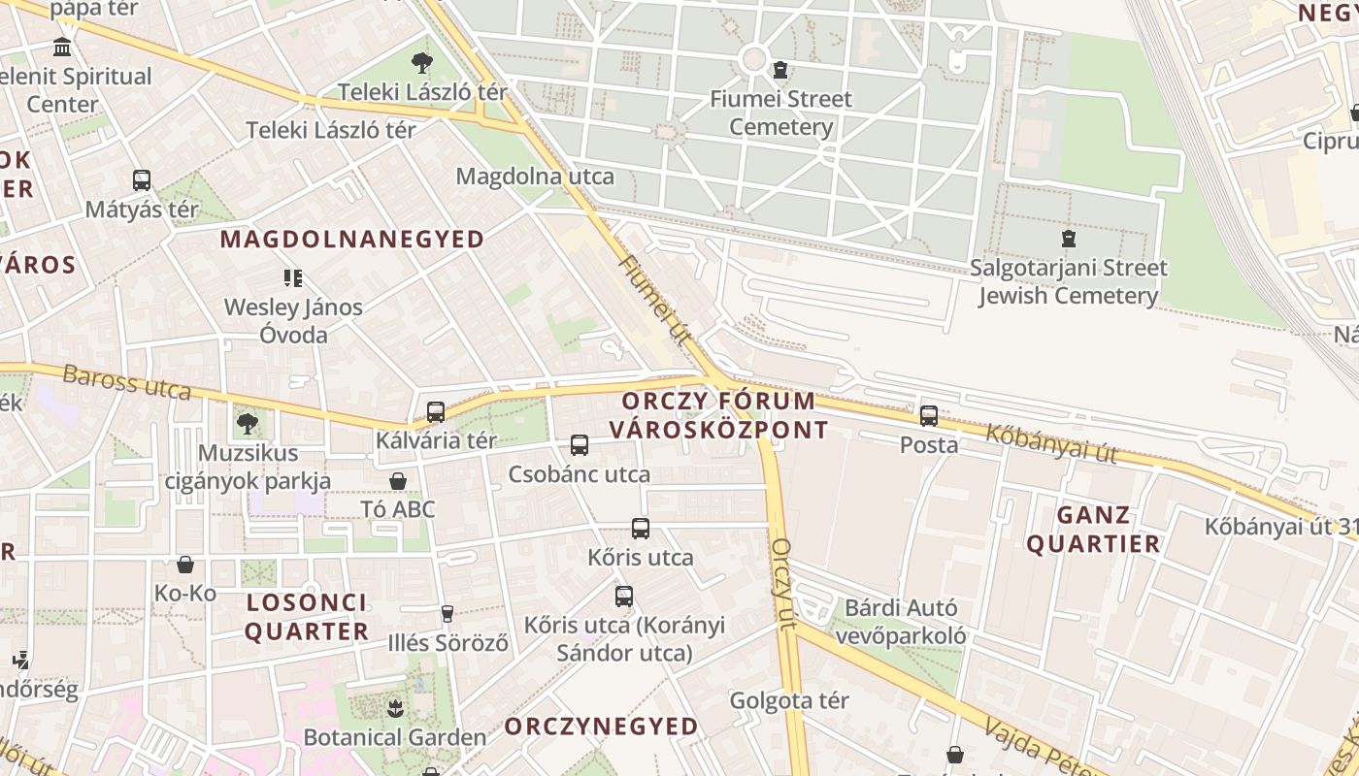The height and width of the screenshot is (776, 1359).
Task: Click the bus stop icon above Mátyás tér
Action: pyautogui.click(x=142, y=180)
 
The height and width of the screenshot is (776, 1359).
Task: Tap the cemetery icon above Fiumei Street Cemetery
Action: pyautogui.click(x=779, y=70)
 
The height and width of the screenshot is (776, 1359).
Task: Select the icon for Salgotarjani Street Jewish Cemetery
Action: pyautogui.click(x=1069, y=238)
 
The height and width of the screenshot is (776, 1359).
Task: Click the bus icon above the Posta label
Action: pyautogui.click(x=929, y=416)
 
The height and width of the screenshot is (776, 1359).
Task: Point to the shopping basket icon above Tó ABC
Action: pyautogui.click(x=397, y=481)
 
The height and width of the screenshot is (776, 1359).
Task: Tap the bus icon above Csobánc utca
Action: pyautogui.click(x=580, y=445)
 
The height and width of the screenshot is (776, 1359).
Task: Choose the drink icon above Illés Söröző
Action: pyautogui.click(x=447, y=613)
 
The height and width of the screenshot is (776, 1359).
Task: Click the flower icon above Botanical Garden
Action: pyautogui.click(x=395, y=708)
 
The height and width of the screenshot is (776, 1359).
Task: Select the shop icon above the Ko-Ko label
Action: pyautogui.click(x=185, y=565)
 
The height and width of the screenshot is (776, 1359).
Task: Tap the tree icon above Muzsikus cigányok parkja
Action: pyautogui.click(x=248, y=423)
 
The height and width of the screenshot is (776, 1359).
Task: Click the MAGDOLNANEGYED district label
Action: pyautogui.click(x=352, y=240)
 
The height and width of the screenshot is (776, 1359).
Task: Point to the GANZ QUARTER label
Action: pyautogui.click(x=1093, y=530)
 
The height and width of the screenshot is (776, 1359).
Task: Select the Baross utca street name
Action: pyautogui.click(x=126, y=382)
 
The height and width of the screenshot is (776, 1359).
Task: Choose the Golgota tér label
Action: pyautogui.click(x=789, y=700)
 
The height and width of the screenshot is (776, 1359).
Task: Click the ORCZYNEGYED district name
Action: pyautogui.click(x=602, y=727)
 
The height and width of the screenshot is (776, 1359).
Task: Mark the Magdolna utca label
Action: pyautogui.click(x=535, y=177)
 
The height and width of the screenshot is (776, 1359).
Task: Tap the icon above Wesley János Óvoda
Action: pyautogui.click(x=293, y=278)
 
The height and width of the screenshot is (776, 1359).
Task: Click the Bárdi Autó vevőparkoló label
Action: pyautogui.click(x=902, y=622)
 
